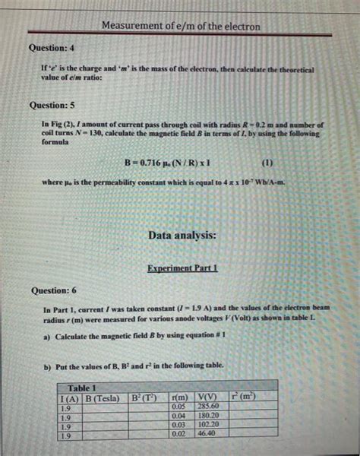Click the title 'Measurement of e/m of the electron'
click(x=181, y=27)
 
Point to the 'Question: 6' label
click(x=54, y=291)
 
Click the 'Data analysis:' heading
click(x=182, y=236)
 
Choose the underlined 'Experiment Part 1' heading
click(x=182, y=268)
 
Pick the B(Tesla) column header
click(x=104, y=397)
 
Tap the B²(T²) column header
click(x=144, y=397)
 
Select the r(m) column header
click(x=180, y=397)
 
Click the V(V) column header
click(x=207, y=397)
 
